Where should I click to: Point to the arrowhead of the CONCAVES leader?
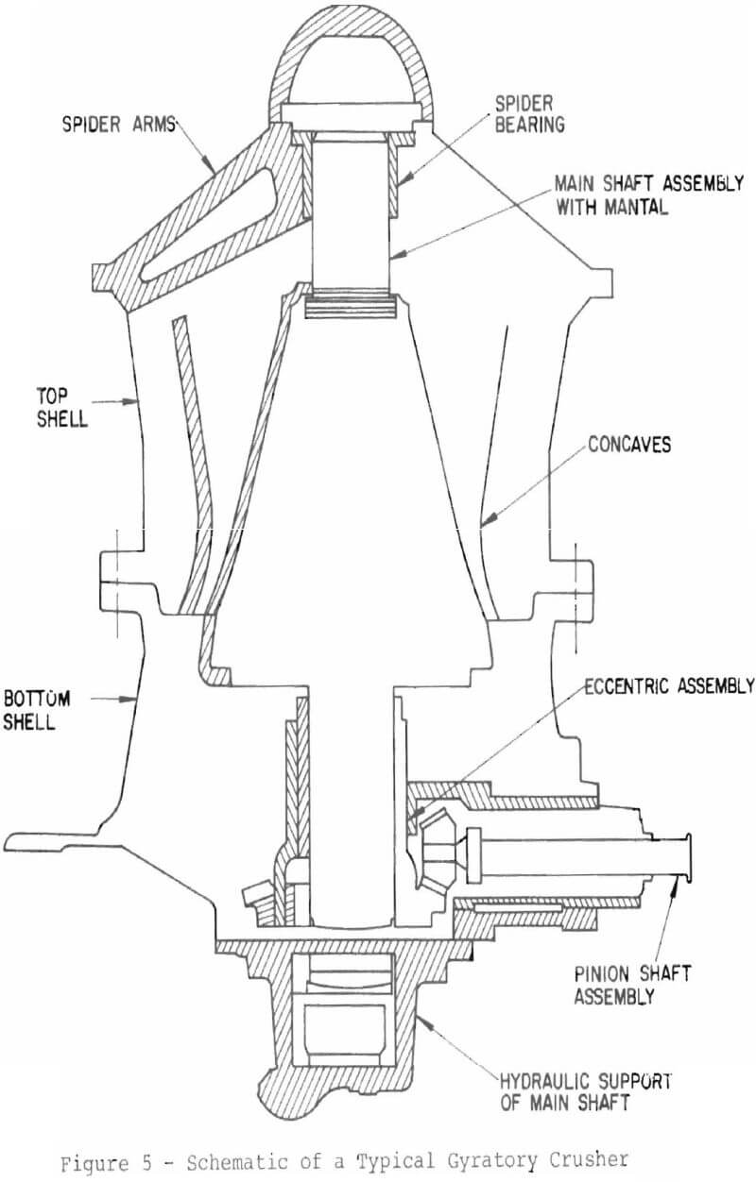(x=484, y=524)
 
